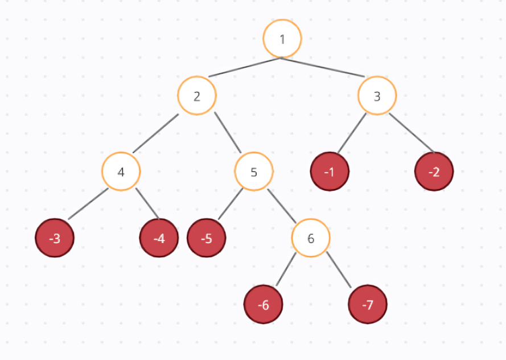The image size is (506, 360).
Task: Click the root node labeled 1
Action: tap(282, 39)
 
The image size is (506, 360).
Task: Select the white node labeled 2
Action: tap(197, 96)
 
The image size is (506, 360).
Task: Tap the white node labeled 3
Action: tap(377, 96)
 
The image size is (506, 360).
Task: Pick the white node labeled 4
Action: tap(121, 171)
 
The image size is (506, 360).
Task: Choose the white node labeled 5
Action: tap(254, 171)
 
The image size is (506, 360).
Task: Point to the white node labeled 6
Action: tap(311, 238)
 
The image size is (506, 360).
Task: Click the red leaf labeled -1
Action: tap(330, 171)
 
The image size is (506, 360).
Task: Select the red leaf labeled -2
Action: tap(434, 171)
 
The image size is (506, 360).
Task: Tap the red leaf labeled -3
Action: tap(55, 238)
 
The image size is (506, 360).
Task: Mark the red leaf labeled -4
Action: tap(159, 238)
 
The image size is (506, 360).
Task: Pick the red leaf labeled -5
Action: tap(207, 238)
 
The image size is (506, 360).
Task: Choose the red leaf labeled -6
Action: tap(263, 305)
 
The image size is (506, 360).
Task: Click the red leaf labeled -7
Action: tap(368, 305)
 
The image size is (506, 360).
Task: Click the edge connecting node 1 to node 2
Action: tap(245, 67)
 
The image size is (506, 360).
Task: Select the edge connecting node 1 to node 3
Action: tap(323, 67)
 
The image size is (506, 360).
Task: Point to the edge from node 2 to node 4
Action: tap(156, 133)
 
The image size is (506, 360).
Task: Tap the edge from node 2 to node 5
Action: tap(228, 133)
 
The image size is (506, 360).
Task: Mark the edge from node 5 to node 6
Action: tap(282, 204)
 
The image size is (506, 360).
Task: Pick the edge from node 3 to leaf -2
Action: tap(412, 133)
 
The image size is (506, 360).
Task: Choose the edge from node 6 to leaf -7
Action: tap(340, 272)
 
